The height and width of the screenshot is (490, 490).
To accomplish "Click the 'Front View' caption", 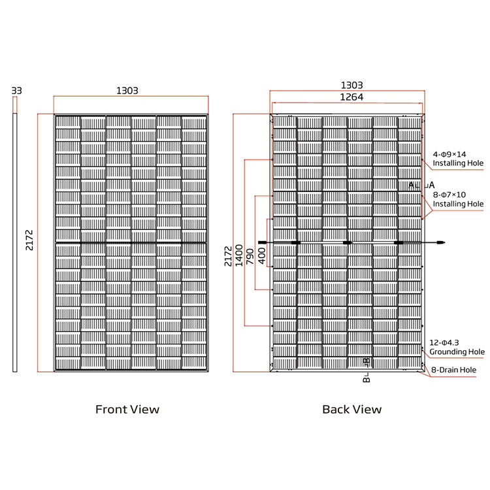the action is (127, 410).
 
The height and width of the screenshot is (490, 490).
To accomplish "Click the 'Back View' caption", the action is (351, 410).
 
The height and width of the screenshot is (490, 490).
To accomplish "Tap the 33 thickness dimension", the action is (17, 91).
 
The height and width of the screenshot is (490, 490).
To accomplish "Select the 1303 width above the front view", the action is (127, 91).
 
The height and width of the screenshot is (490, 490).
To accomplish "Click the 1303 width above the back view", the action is (351, 86).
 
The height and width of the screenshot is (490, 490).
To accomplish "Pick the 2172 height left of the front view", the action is (30, 241).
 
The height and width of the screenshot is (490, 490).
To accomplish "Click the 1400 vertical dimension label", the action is (239, 254).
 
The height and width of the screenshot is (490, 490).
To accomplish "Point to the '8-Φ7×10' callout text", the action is (450, 194).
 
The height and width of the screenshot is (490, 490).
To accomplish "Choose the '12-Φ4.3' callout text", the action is (445, 342).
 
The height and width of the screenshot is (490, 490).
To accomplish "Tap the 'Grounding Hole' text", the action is (457, 352).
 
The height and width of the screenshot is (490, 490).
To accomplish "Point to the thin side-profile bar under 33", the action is (15, 242).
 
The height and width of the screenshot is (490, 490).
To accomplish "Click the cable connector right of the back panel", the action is (440, 242).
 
